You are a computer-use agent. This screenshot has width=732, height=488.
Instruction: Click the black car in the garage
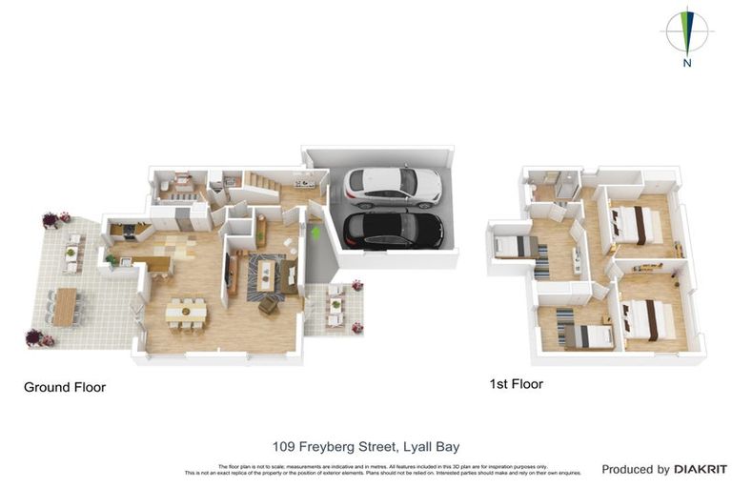(393, 229)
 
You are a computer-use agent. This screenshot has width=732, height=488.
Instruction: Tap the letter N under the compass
(686, 64)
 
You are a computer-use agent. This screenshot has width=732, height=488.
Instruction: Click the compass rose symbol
(686, 30)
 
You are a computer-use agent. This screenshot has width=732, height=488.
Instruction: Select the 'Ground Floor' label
(65, 388)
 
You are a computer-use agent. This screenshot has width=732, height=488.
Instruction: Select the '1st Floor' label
(516, 384)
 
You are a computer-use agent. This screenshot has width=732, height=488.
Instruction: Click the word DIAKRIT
(701, 469)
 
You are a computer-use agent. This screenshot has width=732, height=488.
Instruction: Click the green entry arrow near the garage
(315, 231)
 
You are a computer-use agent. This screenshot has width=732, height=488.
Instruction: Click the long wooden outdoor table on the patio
(65, 307)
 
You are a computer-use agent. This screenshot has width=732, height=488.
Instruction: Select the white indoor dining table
(183, 310)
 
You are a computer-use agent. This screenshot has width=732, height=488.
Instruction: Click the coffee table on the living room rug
(266, 274)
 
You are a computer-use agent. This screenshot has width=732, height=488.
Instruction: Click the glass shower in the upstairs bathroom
(569, 186)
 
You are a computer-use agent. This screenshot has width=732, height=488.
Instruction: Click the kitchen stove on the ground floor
(124, 229)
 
